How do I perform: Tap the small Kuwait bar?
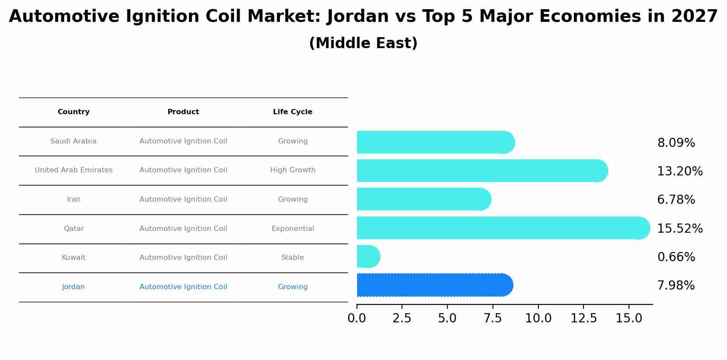(368, 256)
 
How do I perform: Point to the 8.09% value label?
(676, 143)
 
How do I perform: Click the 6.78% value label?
(676, 200)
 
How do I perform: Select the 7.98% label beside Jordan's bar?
(676, 286)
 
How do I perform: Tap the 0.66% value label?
(676, 257)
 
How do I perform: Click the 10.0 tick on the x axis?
(538, 318)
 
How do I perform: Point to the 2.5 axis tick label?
(402, 318)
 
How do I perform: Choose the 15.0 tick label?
(629, 318)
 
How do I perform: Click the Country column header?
(73, 112)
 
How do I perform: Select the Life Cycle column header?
(293, 112)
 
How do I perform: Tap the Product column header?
(183, 112)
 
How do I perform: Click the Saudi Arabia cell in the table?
(73, 141)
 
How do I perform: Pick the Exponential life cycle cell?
(293, 229)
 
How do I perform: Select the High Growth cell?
(293, 170)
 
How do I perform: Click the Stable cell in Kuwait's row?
(293, 258)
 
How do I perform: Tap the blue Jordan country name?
(73, 287)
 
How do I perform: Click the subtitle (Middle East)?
(363, 43)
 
